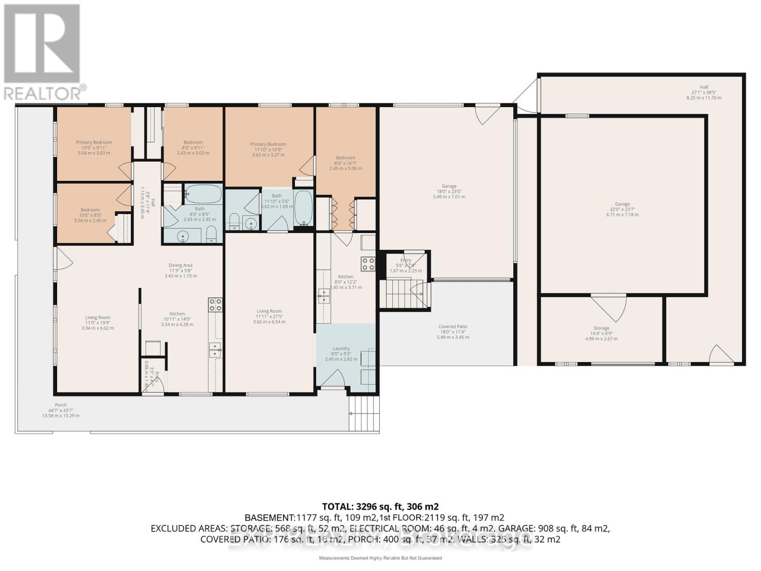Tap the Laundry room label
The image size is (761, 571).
point(341,354)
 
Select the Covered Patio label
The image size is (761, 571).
point(453,332)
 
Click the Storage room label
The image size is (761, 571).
point(601,333)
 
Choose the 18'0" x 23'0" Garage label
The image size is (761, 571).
point(449,191)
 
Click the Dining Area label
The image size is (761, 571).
point(180,270)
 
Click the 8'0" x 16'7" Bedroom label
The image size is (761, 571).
point(345,163)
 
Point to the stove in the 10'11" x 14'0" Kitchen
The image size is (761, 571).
point(215,305)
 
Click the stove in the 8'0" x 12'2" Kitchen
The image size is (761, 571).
point(368,264)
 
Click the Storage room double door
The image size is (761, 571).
point(608,307)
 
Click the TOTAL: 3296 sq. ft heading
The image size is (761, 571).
point(380,506)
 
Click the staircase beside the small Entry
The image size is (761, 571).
point(398,294)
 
